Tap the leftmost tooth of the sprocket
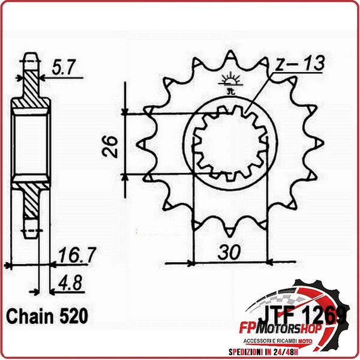point(142,144)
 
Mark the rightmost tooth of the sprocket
point(319,144)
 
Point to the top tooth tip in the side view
point(30,59)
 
